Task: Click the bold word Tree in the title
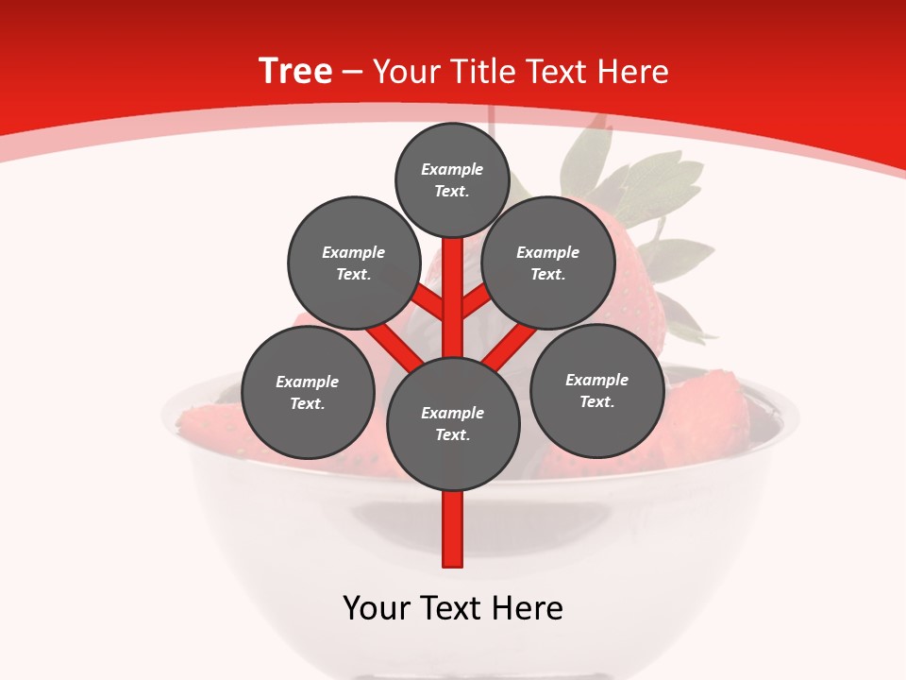pyautogui.click(x=295, y=72)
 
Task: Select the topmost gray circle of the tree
pyautogui.click(x=452, y=180)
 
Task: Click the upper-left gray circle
pyautogui.click(x=353, y=263)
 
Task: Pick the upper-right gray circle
pyautogui.click(x=548, y=263)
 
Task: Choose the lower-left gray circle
pyautogui.click(x=308, y=393)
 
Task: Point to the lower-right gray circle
pyautogui.click(x=596, y=391)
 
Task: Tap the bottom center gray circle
pyautogui.click(x=453, y=424)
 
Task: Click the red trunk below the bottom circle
pyautogui.click(x=453, y=529)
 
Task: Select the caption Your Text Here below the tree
pyautogui.click(x=453, y=608)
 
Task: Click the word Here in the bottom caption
pyautogui.click(x=528, y=608)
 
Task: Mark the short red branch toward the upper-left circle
pyautogui.click(x=429, y=303)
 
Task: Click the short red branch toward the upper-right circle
pyautogui.click(x=475, y=301)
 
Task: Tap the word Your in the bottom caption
pyautogui.click(x=377, y=608)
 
